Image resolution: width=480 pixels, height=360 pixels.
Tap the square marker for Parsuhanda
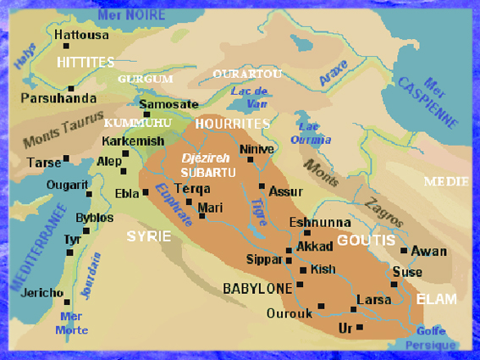pos(71,88)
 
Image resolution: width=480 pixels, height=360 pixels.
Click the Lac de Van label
pos(250,96)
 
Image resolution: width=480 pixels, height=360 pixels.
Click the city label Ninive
pos(257,149)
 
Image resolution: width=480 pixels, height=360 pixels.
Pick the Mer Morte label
pos(72,324)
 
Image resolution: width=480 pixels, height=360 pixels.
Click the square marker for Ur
pos(360,326)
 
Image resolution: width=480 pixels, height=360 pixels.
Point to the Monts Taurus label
pos(63,126)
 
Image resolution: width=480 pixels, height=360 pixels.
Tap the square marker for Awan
pos(404,251)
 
